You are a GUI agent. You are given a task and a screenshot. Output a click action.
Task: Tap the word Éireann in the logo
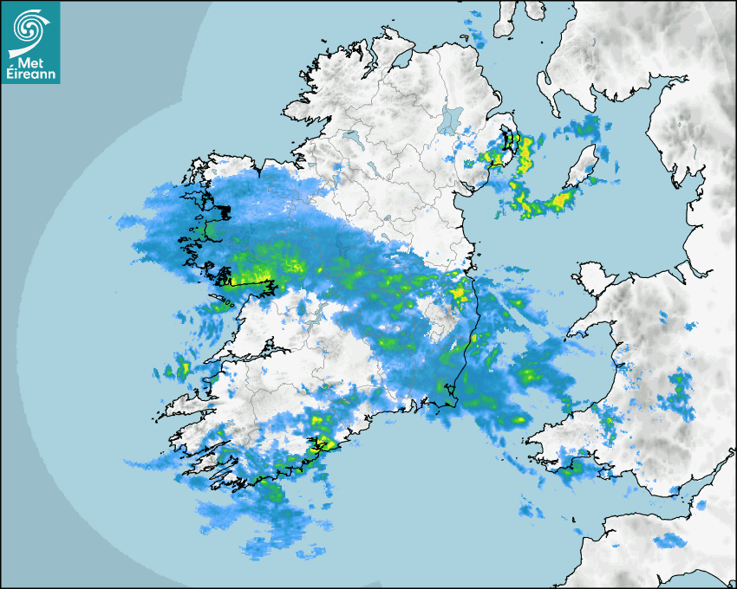point(30,74)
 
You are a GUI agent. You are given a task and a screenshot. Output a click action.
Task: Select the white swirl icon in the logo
point(30,30)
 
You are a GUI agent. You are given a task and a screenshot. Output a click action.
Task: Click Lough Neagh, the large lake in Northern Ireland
point(450,119)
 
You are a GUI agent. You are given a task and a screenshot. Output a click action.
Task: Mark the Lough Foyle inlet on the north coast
point(401,59)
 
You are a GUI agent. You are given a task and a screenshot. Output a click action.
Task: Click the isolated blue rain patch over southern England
point(668,541)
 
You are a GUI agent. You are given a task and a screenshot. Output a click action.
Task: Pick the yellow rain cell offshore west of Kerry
point(183,370)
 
